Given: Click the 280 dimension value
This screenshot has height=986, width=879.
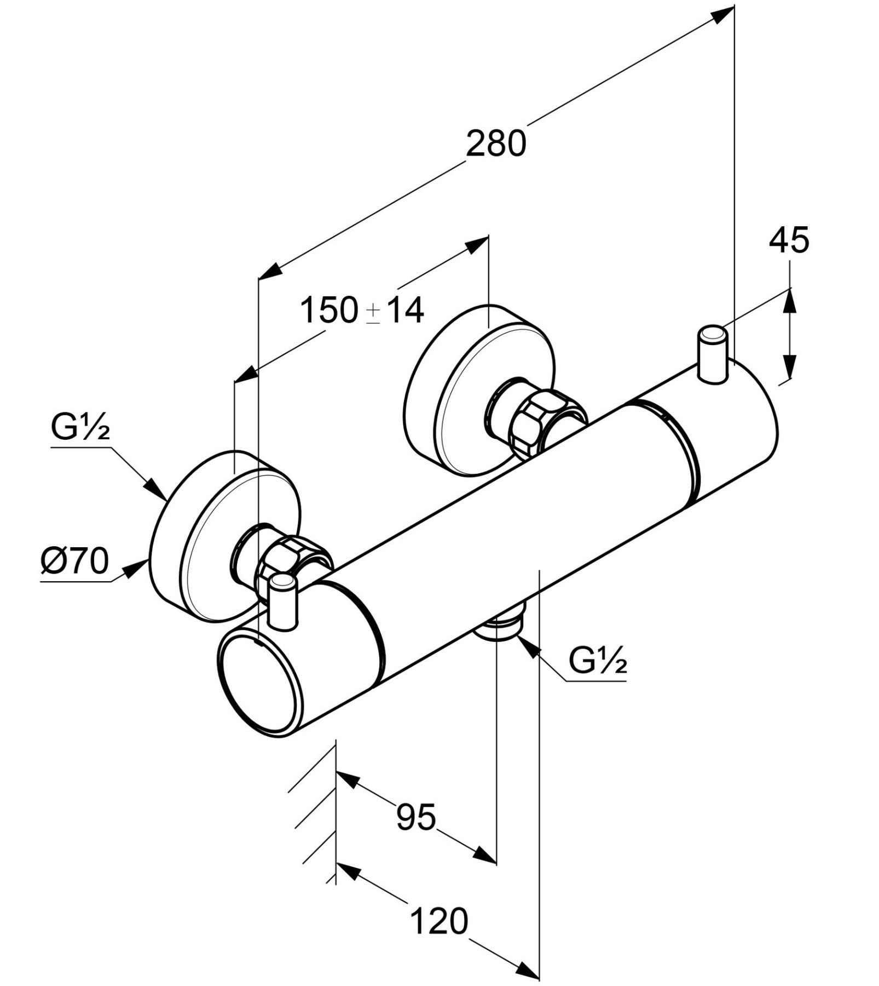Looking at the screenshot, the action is click(x=496, y=144).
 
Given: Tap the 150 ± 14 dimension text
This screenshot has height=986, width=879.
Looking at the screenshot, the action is click(x=362, y=310).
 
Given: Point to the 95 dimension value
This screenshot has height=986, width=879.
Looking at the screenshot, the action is click(x=416, y=818).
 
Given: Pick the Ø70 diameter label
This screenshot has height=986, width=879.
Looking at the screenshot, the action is click(x=75, y=561).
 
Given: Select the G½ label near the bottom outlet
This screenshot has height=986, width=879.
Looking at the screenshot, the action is click(x=598, y=662).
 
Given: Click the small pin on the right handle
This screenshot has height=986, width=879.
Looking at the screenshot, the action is click(x=712, y=353).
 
